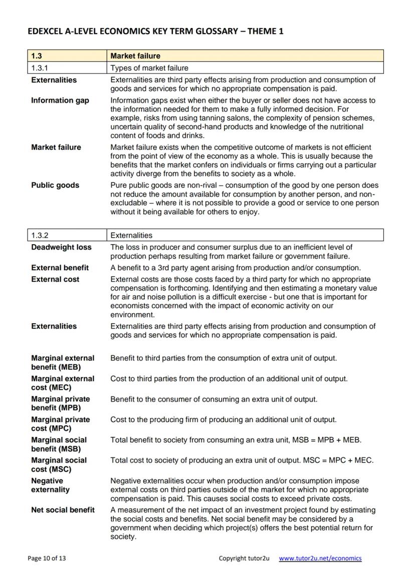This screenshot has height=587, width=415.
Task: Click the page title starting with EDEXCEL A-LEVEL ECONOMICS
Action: (x=155, y=32)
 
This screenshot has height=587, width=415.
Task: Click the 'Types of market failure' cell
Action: (x=149, y=68)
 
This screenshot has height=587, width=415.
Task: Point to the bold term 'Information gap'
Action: (x=60, y=100)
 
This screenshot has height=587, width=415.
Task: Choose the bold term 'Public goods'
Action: (x=55, y=185)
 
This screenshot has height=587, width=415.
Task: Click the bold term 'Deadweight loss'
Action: (x=61, y=247)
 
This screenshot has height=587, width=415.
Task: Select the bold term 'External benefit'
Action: (x=60, y=268)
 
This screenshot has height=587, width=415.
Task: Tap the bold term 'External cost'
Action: (x=55, y=279)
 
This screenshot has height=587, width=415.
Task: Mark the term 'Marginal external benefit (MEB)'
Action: (x=62, y=362)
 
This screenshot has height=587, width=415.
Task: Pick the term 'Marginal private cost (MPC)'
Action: (x=60, y=424)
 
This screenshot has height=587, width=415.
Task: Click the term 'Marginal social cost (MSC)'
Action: (x=59, y=465)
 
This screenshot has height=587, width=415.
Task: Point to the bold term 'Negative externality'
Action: (x=50, y=485)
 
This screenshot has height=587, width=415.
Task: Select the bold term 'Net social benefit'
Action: (x=63, y=510)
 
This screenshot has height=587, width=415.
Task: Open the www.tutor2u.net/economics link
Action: (x=320, y=558)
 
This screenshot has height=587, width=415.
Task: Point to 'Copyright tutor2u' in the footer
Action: (x=244, y=558)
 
